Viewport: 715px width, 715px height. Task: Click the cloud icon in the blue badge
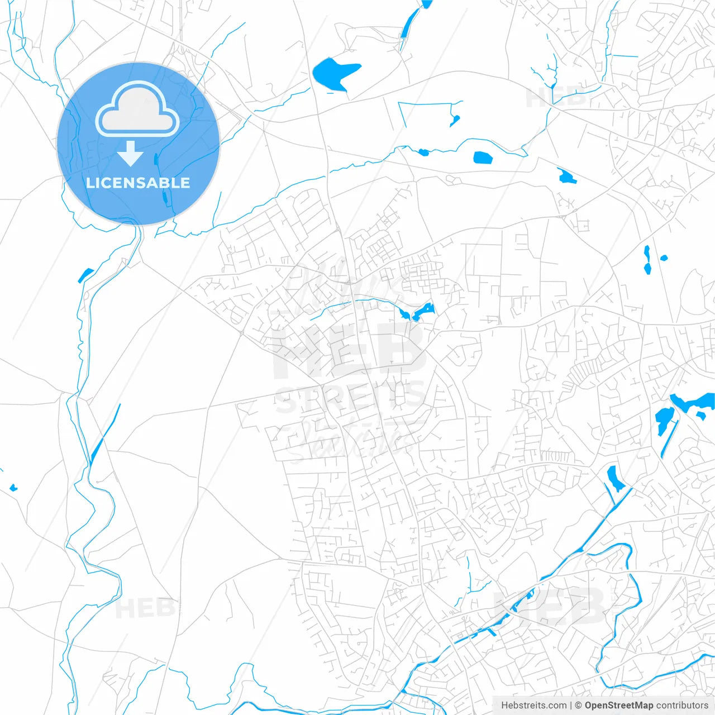137,109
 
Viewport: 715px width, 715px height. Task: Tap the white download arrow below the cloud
131,154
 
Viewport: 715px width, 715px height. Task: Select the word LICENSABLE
138,183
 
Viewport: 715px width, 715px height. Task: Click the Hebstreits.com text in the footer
533,706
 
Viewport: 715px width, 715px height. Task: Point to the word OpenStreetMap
618,706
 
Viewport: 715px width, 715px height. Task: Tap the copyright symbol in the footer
578,706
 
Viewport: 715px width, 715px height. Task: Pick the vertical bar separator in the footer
571,706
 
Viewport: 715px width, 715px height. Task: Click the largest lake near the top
334,73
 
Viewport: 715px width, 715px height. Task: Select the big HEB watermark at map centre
349,352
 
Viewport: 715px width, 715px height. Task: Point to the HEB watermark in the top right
556,98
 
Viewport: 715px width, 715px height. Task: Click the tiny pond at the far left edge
13,488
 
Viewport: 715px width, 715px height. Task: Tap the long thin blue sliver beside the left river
105,433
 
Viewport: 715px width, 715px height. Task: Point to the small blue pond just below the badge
85,275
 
